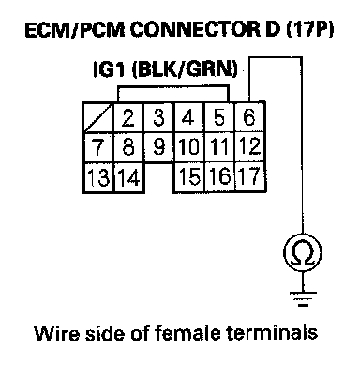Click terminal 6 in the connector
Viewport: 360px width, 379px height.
pos(249,117)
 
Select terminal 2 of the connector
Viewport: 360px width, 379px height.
pos(127,117)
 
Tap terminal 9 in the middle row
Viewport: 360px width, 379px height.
pos(158,147)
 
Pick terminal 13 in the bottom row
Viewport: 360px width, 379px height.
pos(98,177)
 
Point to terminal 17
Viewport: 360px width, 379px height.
pos(250,176)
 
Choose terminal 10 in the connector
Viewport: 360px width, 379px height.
pos(188,147)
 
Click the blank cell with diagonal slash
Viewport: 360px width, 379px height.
pos(97,118)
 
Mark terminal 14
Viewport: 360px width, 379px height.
pos(129,177)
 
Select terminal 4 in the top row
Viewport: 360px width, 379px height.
pos(188,117)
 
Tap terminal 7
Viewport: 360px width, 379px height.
pos(97,147)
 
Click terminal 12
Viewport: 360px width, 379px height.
pos(250,146)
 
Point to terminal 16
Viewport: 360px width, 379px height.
pos(219,176)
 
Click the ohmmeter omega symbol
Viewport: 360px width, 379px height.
pos(302,252)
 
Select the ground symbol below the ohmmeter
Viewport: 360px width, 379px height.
pos(303,298)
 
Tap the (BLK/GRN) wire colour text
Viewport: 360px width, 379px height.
pos(185,69)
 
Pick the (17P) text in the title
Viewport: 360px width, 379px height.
pos(309,30)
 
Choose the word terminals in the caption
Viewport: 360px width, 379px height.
pos(271,333)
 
